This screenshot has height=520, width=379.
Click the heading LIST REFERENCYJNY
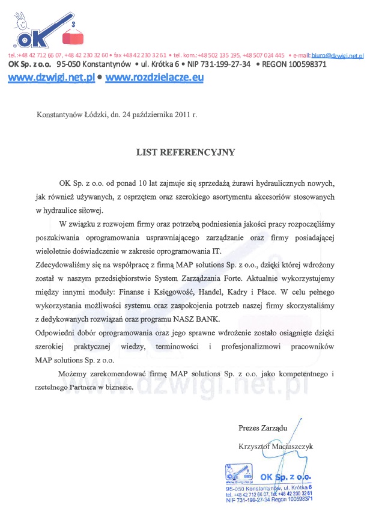(186, 153)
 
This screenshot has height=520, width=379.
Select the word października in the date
(149, 114)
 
